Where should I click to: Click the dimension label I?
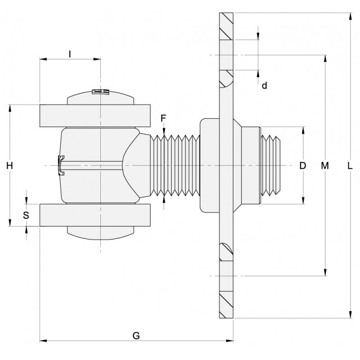(70, 54)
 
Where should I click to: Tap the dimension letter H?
(9, 166)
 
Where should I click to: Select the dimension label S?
(26, 215)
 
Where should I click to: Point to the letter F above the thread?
(164, 118)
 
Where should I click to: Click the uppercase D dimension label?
(302, 166)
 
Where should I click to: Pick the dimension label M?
(325, 166)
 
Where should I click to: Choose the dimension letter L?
(350, 166)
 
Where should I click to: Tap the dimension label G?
(136, 335)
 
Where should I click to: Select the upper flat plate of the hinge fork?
(95, 116)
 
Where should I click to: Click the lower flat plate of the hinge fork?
(95, 215)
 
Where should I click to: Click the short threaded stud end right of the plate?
(270, 166)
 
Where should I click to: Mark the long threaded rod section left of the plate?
(175, 166)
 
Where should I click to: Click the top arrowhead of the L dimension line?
(350, 17)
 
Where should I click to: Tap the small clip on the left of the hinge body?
(61, 165)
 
